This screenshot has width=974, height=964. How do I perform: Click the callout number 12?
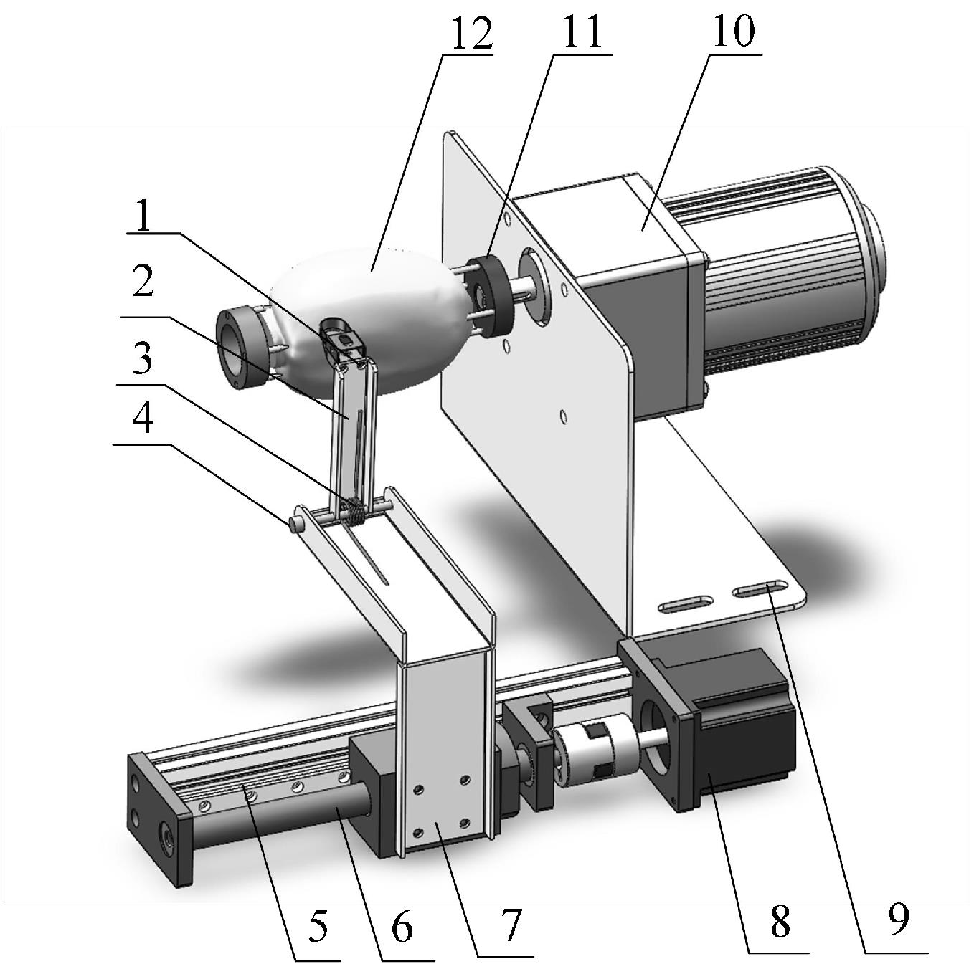(x=469, y=34)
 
